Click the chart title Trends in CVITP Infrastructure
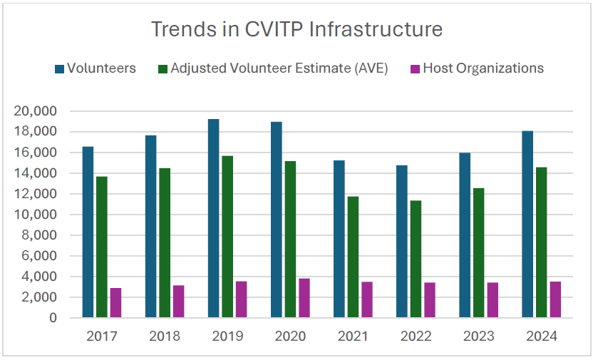click(297, 29)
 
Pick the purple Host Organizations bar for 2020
click(304, 298)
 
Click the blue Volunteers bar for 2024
click(527, 225)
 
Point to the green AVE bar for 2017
click(102, 247)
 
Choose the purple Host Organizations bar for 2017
click(115, 303)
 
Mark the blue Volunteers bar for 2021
click(339, 239)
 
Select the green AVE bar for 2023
click(478, 253)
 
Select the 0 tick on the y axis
click(53, 318)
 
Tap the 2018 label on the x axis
click(165, 336)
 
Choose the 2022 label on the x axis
click(416, 336)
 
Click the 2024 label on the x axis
click(541, 336)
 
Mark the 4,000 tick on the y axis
click(41, 277)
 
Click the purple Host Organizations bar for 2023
click(493, 300)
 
